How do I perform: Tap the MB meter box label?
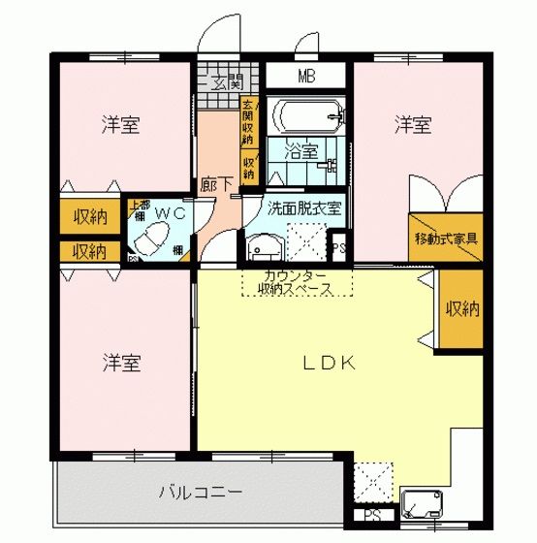305,76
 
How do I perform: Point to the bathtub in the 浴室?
305,118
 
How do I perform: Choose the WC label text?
170,211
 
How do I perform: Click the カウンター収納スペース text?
296,283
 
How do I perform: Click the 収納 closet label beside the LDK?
461,309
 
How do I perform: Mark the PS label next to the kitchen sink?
372,516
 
